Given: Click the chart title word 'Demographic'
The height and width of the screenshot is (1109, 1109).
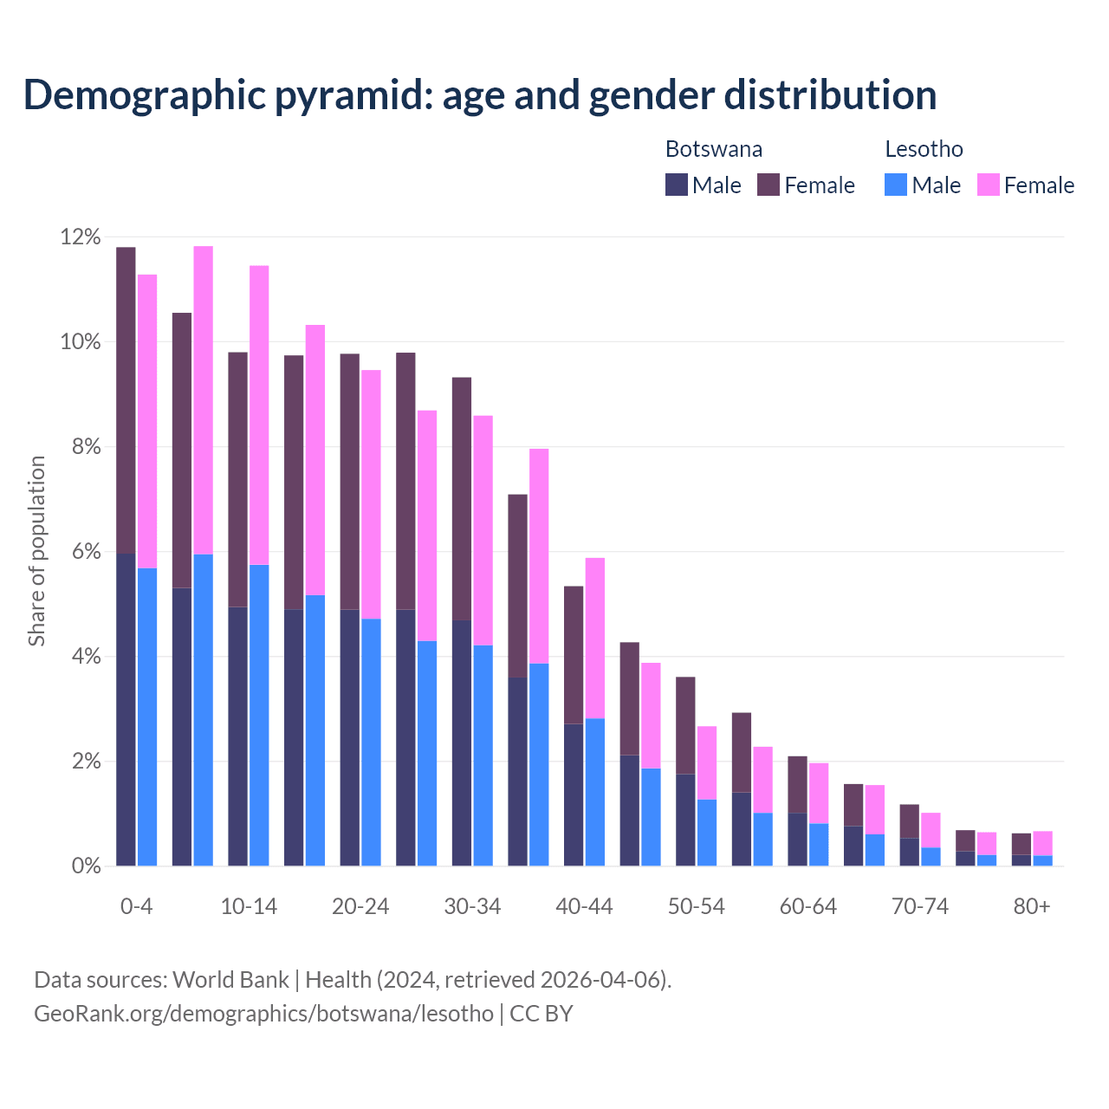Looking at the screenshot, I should point(142,95).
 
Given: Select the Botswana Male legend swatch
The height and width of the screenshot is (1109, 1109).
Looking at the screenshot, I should point(677,185).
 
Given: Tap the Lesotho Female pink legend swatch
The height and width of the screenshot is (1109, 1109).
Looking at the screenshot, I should point(988,185).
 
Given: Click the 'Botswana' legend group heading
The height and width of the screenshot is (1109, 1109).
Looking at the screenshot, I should point(714,149).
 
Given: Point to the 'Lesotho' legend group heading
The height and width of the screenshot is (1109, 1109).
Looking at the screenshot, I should point(924,149).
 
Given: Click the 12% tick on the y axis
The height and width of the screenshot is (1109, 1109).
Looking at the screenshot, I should point(81,237).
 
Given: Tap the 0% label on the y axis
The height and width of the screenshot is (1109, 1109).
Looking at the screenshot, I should point(85,866).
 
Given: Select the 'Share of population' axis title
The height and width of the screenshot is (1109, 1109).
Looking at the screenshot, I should point(36,551).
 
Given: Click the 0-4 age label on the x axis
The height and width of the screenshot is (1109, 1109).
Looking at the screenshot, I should point(136,906).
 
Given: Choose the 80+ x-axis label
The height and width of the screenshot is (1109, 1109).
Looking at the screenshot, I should point(1032,906).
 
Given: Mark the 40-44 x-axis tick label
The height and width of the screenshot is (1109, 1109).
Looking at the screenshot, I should point(584,906).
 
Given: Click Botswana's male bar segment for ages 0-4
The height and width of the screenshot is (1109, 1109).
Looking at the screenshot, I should point(126,710).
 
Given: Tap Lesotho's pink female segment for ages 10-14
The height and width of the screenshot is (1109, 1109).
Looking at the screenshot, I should point(259,416).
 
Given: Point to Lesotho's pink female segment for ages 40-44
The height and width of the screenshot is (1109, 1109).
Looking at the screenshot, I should point(595,639).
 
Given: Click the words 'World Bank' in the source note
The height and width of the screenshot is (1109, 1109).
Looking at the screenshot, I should point(230,980).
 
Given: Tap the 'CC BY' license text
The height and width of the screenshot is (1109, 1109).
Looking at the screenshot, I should point(542,1014).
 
